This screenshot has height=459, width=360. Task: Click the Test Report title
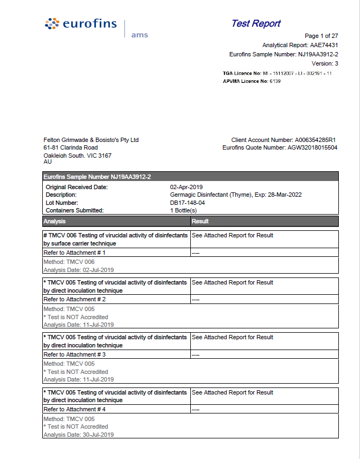(255, 23)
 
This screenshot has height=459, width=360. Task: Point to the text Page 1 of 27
(322, 36)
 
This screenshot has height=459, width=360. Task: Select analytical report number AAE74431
(324, 46)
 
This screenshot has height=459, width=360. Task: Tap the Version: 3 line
(325, 63)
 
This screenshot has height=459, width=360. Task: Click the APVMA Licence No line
(252, 81)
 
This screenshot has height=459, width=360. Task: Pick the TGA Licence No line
(277, 73)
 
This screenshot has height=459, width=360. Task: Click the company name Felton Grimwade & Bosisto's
(91, 140)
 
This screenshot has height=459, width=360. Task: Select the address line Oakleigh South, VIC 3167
(78, 155)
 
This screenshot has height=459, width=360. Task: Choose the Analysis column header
(54, 221)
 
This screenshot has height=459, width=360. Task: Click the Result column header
(200, 221)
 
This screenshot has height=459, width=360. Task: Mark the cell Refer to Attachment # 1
(74, 253)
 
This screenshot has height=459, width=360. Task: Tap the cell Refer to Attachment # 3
(74, 354)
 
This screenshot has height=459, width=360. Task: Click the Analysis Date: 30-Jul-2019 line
(79, 435)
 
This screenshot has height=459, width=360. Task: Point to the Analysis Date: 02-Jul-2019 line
(79, 269)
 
